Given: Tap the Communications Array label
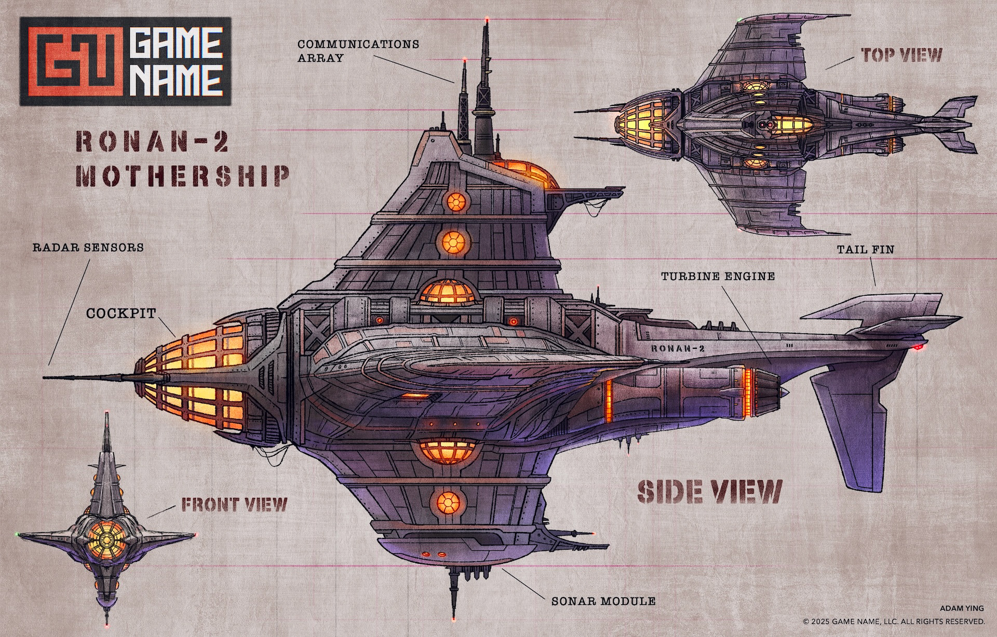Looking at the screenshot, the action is click(x=358, y=50).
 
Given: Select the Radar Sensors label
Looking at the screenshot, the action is click(x=88, y=247).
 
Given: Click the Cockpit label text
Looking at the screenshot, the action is click(x=121, y=313).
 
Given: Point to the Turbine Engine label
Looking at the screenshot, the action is click(x=718, y=276).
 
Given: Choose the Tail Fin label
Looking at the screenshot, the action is click(x=866, y=250).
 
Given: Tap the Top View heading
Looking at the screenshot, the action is click(x=901, y=55).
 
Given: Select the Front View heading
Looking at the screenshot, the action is click(x=234, y=504).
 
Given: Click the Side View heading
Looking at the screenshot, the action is click(x=709, y=492).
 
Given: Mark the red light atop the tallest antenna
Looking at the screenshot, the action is click(x=487, y=20).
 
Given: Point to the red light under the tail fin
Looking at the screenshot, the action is click(x=919, y=346).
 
